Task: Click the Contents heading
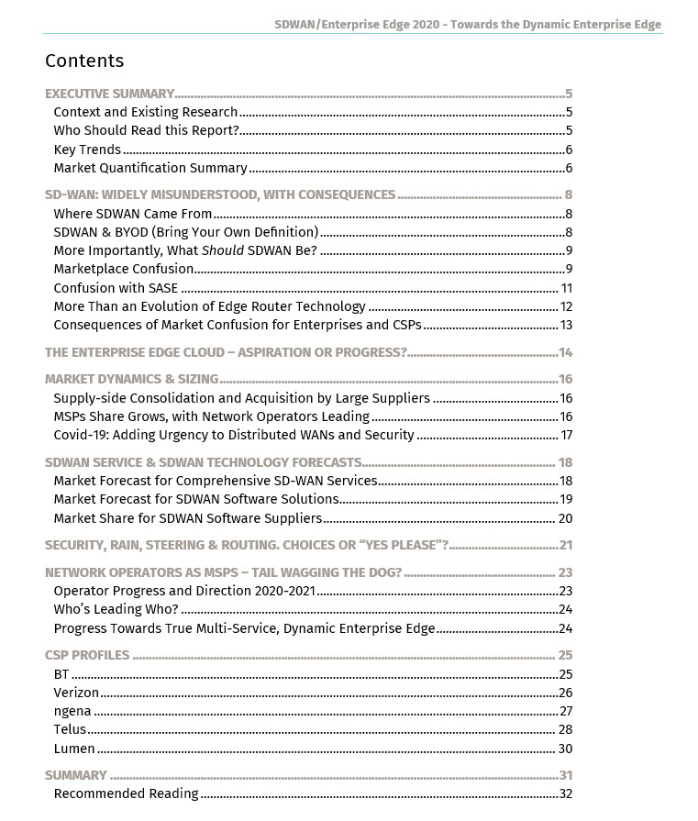(84, 61)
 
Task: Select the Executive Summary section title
(109, 94)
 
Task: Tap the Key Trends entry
(87, 150)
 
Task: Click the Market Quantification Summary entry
(150, 168)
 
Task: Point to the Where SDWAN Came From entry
(133, 214)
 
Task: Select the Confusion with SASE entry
(116, 288)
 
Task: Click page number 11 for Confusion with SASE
(566, 288)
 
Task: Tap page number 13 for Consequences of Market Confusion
(566, 325)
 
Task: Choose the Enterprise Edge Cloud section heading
(226, 353)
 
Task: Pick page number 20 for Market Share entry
(565, 518)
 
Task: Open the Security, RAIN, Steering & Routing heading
(246, 546)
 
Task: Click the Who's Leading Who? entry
(116, 610)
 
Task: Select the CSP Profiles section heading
(87, 656)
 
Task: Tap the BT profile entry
(61, 674)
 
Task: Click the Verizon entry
(76, 693)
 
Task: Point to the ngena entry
(72, 711)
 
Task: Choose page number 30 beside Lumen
(565, 749)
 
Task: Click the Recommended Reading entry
(126, 793)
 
